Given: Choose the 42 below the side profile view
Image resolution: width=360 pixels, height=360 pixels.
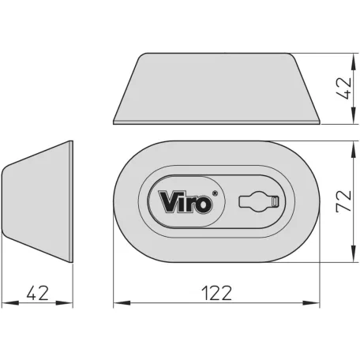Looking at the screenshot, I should pos(37,293).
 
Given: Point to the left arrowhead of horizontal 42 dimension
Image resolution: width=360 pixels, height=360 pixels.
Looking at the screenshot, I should pos(6,302).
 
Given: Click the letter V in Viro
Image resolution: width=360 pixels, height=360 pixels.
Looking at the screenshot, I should pos(169,202).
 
